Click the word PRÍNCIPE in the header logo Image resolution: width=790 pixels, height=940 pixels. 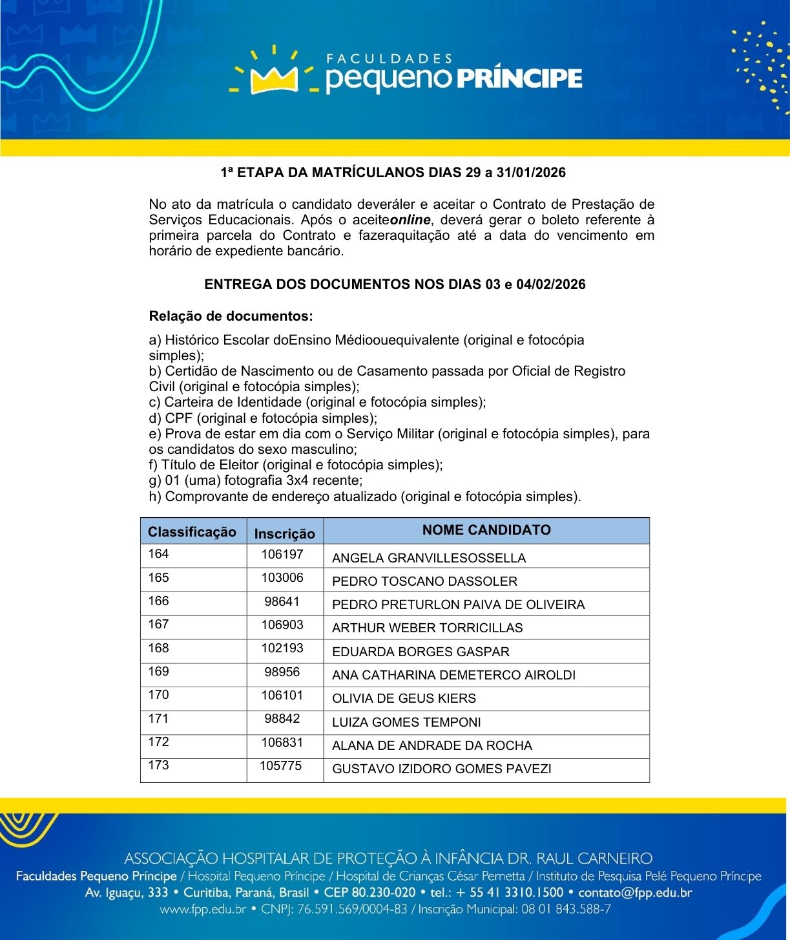pyautogui.click(x=519, y=78)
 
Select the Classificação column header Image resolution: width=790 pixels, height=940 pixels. pyautogui.click(x=192, y=532)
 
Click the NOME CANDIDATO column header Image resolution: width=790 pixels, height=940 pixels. pyautogui.click(x=486, y=530)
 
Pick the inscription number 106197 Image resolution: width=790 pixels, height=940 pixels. pyautogui.click(x=282, y=554)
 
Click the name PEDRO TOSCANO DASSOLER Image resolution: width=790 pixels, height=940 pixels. pyautogui.click(x=424, y=581)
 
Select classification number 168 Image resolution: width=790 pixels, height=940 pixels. pyautogui.click(x=158, y=648)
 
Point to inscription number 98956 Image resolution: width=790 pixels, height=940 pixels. pyautogui.click(x=282, y=672)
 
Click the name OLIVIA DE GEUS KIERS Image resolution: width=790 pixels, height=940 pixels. pyautogui.click(x=404, y=698)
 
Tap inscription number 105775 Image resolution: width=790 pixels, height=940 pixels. pyautogui.click(x=281, y=765)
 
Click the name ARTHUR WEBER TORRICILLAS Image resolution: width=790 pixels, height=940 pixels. pyautogui.click(x=427, y=628)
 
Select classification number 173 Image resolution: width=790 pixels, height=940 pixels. pyautogui.click(x=158, y=765)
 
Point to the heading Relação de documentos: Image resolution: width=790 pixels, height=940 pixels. pyautogui.click(x=231, y=316)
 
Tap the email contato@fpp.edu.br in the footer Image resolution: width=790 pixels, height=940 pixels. pyautogui.click(x=635, y=893)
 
